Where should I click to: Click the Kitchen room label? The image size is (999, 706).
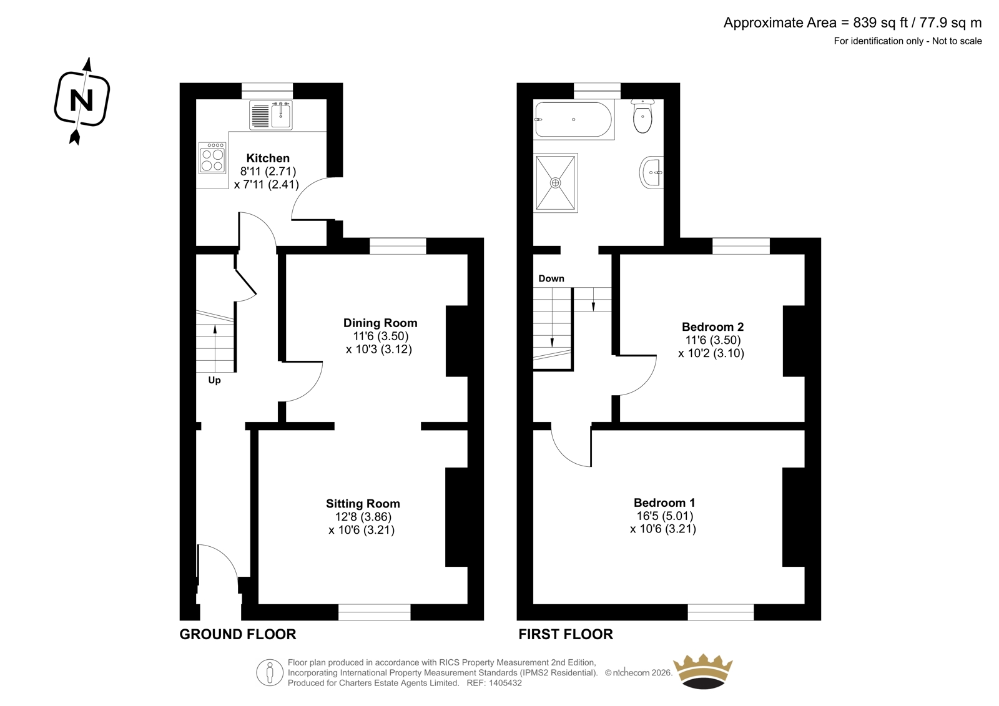click(268, 158)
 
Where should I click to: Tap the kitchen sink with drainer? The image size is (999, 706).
click(271, 115)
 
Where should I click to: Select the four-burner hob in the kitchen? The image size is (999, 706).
click(212, 157)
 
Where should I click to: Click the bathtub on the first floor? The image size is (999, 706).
click(574, 119)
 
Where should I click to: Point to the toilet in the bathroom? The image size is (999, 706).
click(642, 115)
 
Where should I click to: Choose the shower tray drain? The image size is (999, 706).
click(555, 182)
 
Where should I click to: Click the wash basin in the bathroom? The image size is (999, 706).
click(652, 172)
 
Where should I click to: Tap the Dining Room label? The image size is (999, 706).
click(380, 323)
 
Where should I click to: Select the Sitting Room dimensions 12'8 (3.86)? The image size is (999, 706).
click(363, 517)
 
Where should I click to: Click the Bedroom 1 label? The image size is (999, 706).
click(664, 503)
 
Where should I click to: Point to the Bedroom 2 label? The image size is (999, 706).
click(712, 326)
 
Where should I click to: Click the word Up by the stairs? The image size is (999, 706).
click(214, 380)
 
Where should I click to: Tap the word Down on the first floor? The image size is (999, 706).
click(551, 278)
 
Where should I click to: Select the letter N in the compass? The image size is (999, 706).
click(82, 101)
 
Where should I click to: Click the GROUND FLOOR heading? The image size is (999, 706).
click(238, 634)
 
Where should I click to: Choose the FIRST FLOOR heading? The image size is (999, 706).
click(566, 634)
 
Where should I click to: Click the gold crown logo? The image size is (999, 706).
click(702, 671)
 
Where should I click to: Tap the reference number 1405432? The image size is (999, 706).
click(505, 683)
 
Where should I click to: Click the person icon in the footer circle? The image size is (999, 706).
click(269, 672)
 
